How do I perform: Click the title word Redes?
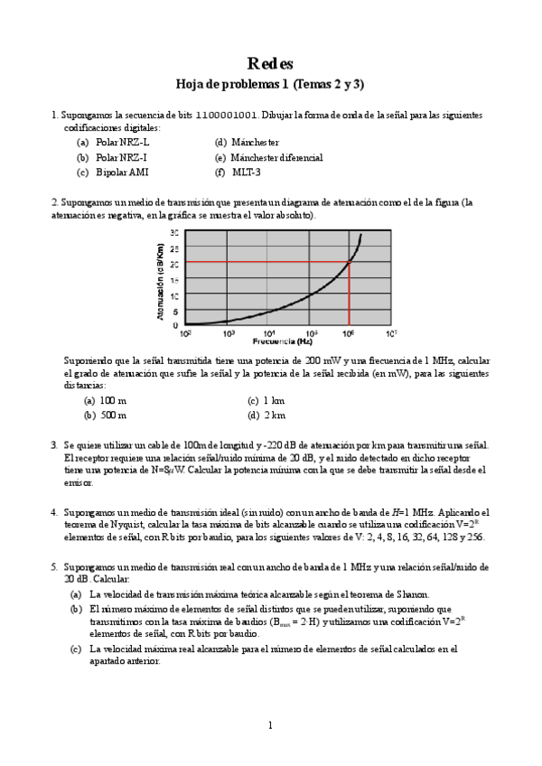tap(270, 63)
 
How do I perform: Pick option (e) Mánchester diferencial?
tap(276, 157)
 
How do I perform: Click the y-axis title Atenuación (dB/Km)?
tap(160, 278)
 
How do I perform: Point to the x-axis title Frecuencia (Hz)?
tap(283, 342)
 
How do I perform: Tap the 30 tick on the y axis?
tap(175, 233)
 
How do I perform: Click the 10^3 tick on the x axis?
tap(229, 333)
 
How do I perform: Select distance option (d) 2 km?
tap(274, 416)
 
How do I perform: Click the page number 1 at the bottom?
tap(269, 724)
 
